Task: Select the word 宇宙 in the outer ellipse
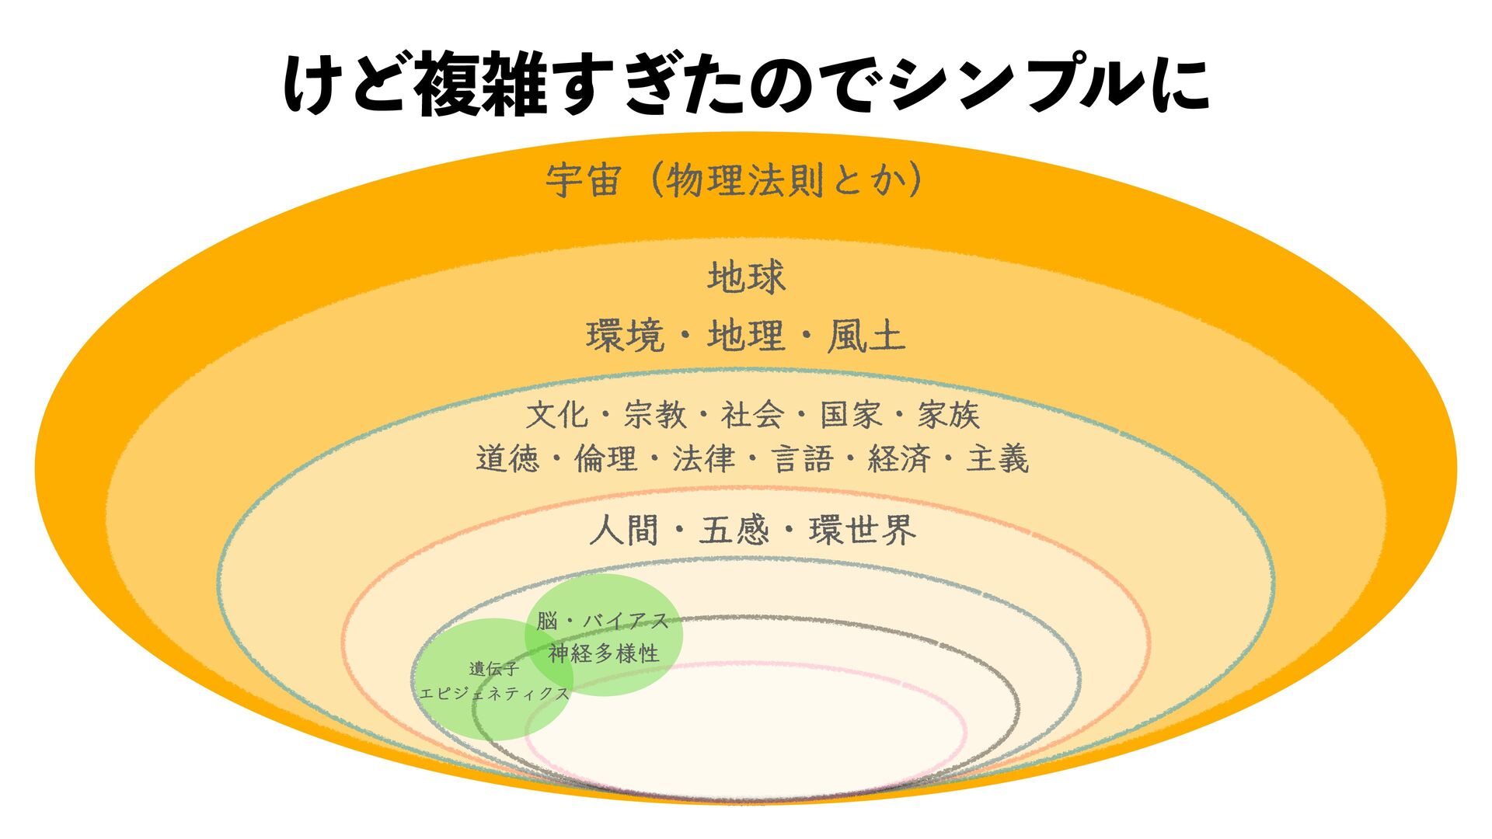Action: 583,181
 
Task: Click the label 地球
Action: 746,277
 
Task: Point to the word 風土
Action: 866,337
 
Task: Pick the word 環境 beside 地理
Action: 626,337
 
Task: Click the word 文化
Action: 556,415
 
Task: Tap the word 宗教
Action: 654,415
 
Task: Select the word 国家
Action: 851,415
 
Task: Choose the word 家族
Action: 948,415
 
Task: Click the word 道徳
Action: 507,458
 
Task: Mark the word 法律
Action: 703,458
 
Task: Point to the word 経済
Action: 899,458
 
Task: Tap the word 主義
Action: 997,458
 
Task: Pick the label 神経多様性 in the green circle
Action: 604,653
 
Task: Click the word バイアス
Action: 626,621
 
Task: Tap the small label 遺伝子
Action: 494,669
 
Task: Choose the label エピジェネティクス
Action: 494,694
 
